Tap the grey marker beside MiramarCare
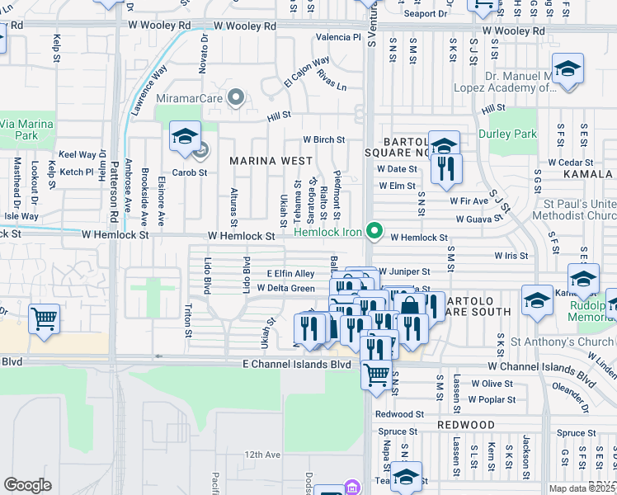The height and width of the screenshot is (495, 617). pos(237,99)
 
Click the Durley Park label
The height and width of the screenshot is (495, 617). pos(507,134)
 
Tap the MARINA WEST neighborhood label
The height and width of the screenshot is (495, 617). pos(271,160)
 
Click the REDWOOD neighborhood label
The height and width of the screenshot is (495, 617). pos(468,425)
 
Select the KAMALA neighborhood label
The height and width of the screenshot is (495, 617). pos(589,175)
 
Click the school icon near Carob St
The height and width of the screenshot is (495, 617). pos(185,135)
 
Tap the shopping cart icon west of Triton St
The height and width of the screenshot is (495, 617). pos(43,318)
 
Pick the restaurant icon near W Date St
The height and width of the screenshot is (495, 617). pos(445,169)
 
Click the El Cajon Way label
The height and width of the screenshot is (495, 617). pos(306,73)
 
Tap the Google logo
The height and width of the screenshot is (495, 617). pos(27,485)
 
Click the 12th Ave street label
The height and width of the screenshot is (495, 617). pos(262,455)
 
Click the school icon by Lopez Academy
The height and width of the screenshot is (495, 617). pos(568,70)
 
